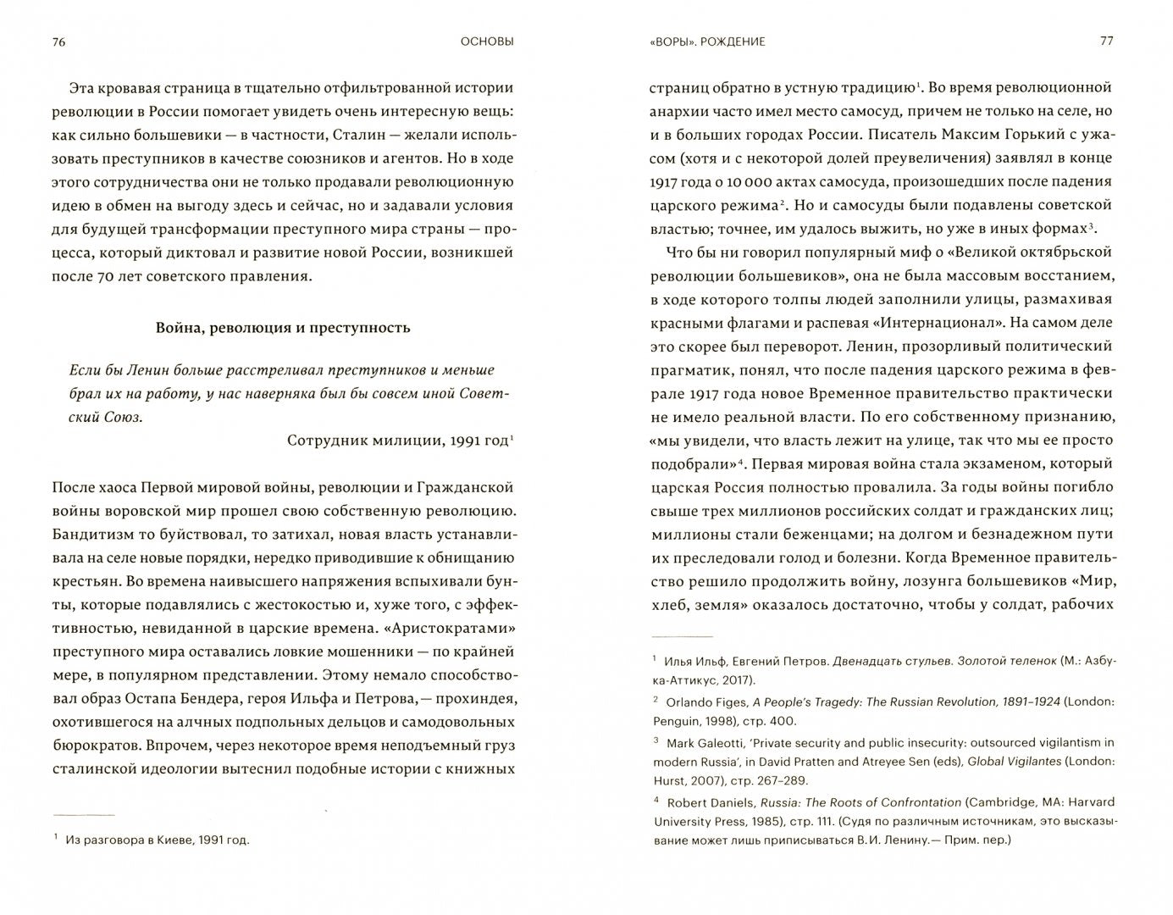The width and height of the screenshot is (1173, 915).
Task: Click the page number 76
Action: (58, 42)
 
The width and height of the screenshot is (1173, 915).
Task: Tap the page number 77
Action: (1106, 41)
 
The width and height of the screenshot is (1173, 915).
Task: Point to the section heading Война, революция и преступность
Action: (283, 328)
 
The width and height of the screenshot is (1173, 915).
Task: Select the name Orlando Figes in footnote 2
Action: (709, 701)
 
